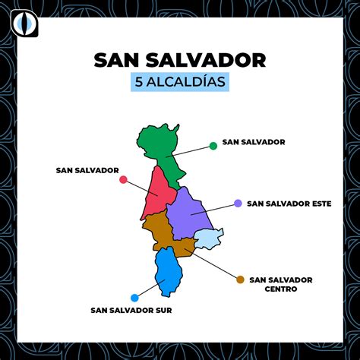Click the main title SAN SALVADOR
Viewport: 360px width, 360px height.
[180, 59]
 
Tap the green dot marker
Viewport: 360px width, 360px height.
[213, 145]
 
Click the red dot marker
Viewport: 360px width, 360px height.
[123, 180]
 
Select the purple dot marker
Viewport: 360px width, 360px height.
[238, 204]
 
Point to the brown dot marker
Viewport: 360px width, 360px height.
[240, 279]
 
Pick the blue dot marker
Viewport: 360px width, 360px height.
[134, 298]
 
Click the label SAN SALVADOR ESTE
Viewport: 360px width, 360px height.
[289, 204]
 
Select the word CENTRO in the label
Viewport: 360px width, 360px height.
[280, 289]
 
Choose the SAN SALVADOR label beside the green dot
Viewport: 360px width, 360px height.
[253, 142]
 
